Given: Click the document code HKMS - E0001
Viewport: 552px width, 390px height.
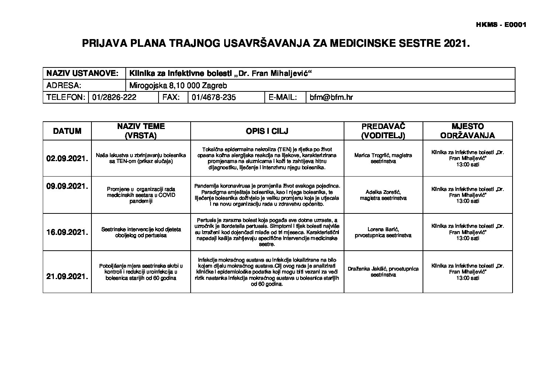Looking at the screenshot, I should [x=501, y=25].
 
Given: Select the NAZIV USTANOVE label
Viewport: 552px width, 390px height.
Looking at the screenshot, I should [x=82, y=73].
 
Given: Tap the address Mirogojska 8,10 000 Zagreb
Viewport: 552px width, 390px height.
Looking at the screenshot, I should [x=178, y=86].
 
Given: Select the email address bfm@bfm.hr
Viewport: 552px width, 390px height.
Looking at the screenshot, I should [x=331, y=97].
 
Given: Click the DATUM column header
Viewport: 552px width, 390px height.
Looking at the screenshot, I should [x=67, y=131].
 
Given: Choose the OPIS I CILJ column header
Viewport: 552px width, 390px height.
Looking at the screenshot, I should [x=267, y=131].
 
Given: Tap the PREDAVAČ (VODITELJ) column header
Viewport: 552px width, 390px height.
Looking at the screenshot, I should [x=383, y=131].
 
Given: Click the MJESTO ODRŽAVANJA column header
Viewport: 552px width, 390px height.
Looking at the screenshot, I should [x=467, y=131].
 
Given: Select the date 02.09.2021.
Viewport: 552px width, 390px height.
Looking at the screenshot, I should [x=67, y=159].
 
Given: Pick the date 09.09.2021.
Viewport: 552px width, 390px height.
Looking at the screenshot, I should [x=67, y=186].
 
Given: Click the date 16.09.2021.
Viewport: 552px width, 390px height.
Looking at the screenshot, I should [x=67, y=233].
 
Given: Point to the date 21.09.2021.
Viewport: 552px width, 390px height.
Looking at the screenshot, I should [x=67, y=276].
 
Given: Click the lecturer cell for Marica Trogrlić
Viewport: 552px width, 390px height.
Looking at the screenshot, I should [x=383, y=158].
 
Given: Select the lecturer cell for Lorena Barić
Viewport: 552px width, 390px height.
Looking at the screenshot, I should [x=383, y=232].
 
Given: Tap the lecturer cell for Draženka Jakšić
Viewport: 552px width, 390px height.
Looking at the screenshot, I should [x=383, y=272].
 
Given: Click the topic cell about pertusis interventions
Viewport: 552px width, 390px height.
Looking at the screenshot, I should [x=141, y=232].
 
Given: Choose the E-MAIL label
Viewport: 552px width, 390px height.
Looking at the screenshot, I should [x=283, y=97].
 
